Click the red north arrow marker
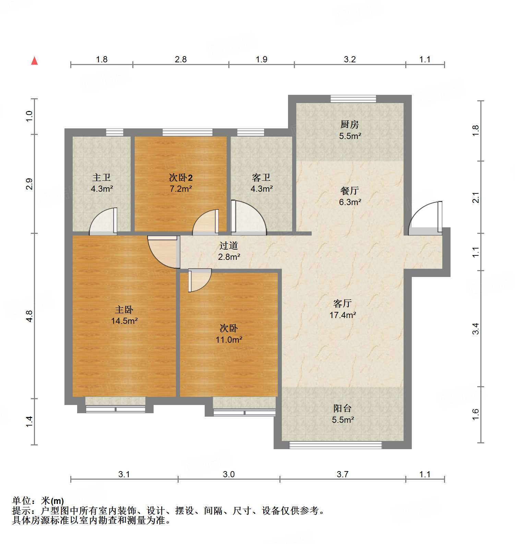click(x=34, y=61)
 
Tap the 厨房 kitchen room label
click(x=349, y=124)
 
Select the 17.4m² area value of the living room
click(x=343, y=315)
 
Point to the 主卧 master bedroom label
click(x=124, y=309)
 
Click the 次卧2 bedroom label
click(x=181, y=177)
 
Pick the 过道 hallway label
click(x=229, y=245)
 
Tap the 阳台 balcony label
click(x=342, y=408)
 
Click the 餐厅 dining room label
click(x=350, y=191)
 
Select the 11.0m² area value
click(x=229, y=340)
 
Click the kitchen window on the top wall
click(x=353, y=99)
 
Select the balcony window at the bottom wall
click(x=335, y=445)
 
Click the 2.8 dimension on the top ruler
click(x=181, y=59)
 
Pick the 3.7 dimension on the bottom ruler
click(x=342, y=474)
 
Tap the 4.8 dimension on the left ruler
click(x=29, y=316)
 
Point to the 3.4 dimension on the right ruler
click(x=476, y=329)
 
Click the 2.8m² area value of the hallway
click(x=229, y=257)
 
